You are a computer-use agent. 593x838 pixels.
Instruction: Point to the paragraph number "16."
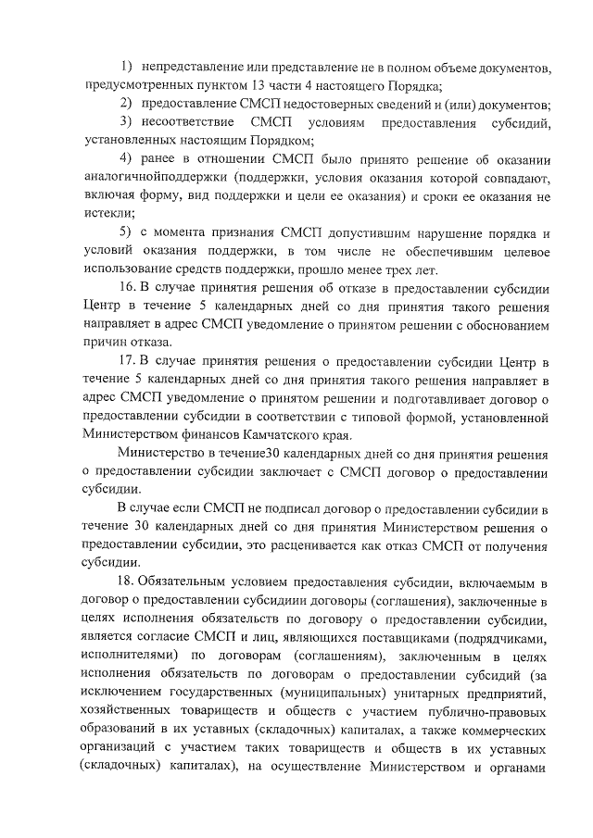129,286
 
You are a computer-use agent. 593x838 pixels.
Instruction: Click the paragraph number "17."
129,359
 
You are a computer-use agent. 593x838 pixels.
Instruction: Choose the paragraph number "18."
129,581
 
